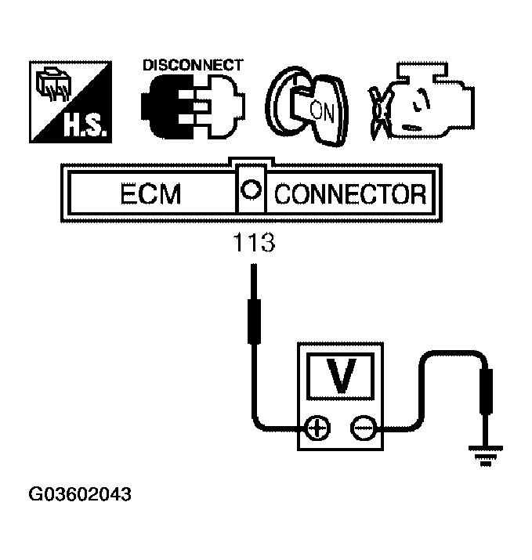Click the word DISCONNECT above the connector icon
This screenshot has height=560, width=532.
(x=192, y=66)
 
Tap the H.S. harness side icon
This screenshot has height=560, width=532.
(x=68, y=103)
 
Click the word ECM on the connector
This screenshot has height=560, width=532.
(x=151, y=193)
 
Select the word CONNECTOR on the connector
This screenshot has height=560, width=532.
(x=349, y=193)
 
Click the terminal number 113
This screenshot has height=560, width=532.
(x=253, y=244)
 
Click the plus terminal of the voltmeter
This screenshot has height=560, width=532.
(x=317, y=428)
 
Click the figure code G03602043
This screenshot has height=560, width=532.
(x=80, y=495)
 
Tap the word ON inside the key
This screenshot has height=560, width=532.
(x=322, y=110)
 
